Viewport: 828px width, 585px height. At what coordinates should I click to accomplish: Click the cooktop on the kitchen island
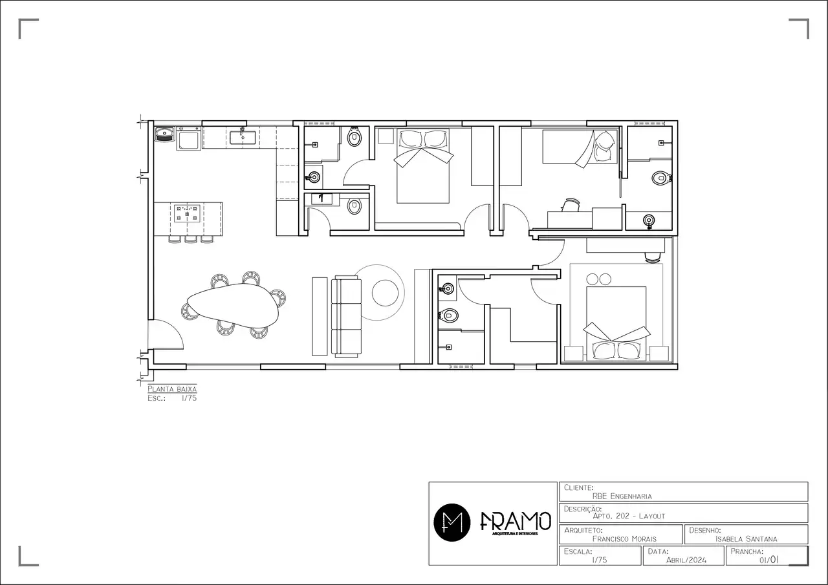[x=187, y=213]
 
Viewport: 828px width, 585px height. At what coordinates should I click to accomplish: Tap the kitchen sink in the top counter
[x=242, y=136]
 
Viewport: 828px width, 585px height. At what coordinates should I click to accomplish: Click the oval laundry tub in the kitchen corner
[x=165, y=134]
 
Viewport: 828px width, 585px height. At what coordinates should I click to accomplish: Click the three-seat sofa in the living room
[x=347, y=316]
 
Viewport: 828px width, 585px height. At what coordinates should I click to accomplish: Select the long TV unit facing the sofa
[x=320, y=316]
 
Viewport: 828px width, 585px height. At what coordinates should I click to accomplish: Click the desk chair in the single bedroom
[x=570, y=205]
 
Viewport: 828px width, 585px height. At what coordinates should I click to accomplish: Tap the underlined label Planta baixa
[x=172, y=389]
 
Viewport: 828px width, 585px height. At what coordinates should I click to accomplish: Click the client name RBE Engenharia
[x=622, y=496]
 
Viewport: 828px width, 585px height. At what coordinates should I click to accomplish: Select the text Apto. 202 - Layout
[x=628, y=516]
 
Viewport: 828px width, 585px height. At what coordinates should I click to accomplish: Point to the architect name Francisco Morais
[x=625, y=538]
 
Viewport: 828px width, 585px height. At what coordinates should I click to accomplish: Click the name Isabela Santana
[x=746, y=538]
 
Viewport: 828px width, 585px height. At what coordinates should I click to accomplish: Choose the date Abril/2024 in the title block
[x=686, y=560]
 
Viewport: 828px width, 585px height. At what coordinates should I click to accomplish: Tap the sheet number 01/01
[x=770, y=560]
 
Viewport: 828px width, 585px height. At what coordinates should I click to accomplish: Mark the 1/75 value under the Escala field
[x=599, y=560]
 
